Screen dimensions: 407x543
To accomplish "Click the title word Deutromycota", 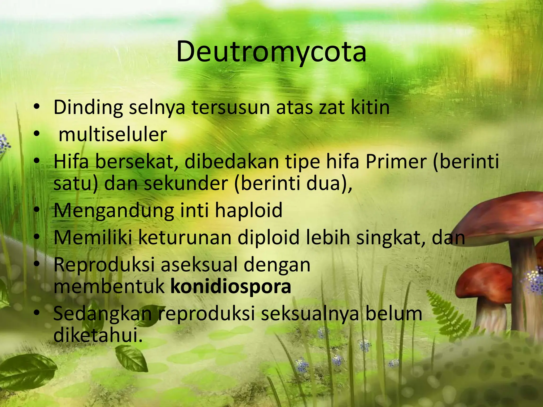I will [x=271, y=52].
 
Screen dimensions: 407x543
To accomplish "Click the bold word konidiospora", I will [x=231, y=286].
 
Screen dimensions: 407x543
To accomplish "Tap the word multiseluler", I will [x=113, y=135].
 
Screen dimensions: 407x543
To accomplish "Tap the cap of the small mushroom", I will [x=485, y=281].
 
